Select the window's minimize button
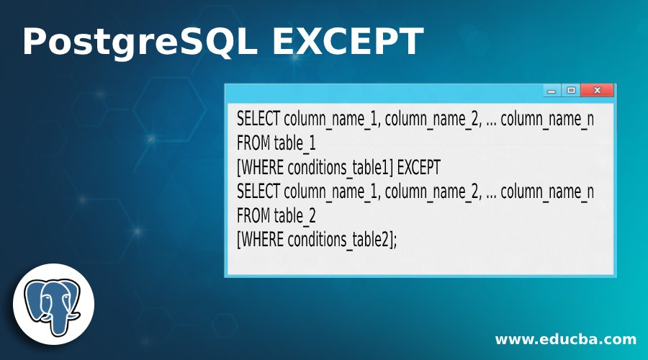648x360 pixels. pos(552,91)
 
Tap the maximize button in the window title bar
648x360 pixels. pos(571,91)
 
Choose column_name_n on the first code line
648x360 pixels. pos(547,119)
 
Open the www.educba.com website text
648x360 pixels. pos(565,339)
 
